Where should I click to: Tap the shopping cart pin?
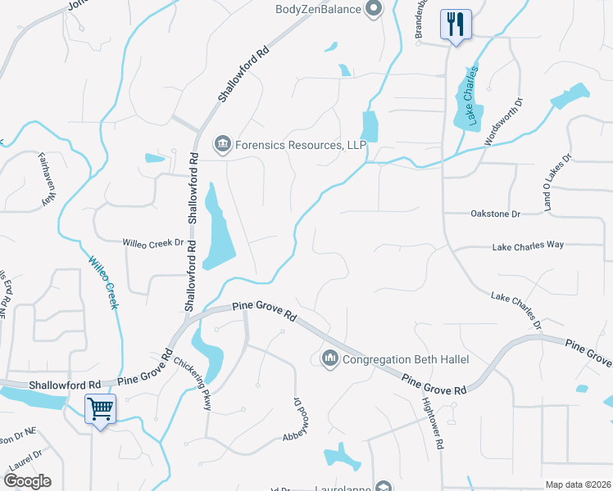[100, 408]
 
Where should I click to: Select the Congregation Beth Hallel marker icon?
[330, 358]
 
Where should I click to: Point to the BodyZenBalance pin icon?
[374, 10]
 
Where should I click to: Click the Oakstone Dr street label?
[496, 214]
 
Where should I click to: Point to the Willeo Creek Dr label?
[152, 243]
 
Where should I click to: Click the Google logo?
[27, 481]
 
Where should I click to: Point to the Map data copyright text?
[577, 484]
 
